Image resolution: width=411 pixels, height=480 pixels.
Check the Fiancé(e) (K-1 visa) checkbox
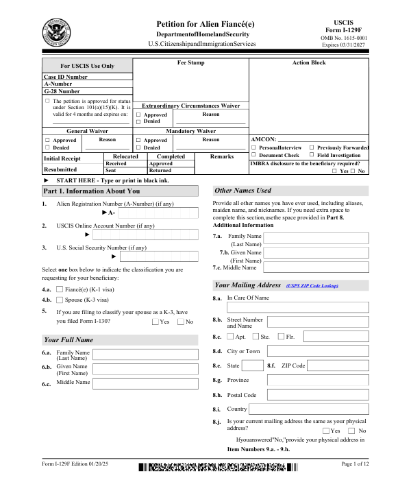[x=59, y=289]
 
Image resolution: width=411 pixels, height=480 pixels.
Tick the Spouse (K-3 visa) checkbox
[x=59, y=300]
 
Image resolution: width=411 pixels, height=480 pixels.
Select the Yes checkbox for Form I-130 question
[x=155, y=322]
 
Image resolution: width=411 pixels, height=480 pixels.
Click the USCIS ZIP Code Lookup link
[x=312, y=285]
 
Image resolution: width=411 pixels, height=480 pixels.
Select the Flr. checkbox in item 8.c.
[x=280, y=337]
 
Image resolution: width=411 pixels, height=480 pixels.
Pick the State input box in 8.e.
[x=252, y=365]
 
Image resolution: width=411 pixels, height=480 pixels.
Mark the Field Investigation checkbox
[x=312, y=156]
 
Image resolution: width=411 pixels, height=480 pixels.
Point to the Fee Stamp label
[x=191, y=63]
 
